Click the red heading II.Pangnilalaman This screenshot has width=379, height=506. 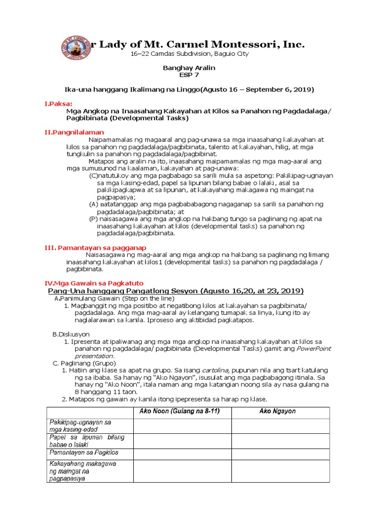[x=74, y=132]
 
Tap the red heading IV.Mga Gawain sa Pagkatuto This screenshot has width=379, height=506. [x=94, y=283]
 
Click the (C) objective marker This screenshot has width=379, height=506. [x=94, y=175]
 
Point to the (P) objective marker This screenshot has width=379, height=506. [x=93, y=218]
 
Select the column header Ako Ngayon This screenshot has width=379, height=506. [x=279, y=412]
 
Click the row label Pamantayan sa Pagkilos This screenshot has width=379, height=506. [x=84, y=453]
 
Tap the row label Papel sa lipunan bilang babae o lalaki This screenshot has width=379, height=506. [x=86, y=441]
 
